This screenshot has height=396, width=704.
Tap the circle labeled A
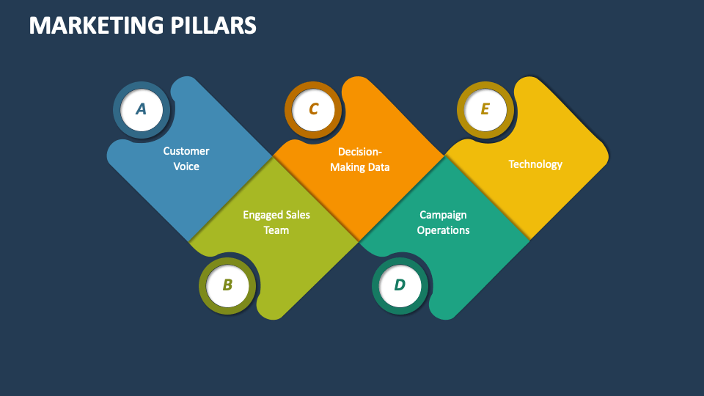pos(142,110)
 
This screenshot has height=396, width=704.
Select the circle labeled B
pos(227,285)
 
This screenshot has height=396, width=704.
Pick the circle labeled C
pos(313,110)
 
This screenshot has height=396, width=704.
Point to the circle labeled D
pos(400,285)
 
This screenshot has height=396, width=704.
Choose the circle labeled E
pos(485,110)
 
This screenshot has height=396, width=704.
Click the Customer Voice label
pos(186,158)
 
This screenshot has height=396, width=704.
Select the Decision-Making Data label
pos(359,159)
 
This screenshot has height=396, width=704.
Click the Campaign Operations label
pos(443,222)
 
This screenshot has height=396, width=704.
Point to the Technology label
pos(535,164)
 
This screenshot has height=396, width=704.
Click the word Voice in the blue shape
pos(186,166)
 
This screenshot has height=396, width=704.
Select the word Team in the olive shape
pos(276,230)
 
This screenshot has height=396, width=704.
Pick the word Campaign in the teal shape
pos(443,215)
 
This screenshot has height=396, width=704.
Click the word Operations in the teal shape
pos(443,230)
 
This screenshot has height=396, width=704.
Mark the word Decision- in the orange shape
pos(360,152)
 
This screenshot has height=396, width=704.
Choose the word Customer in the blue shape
pos(186,151)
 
